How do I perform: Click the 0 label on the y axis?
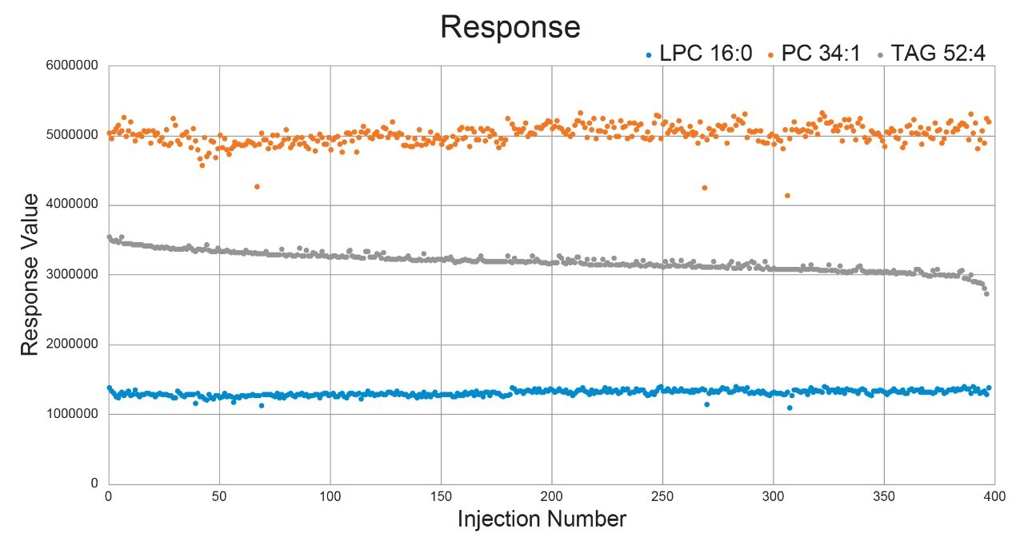click(x=94, y=483)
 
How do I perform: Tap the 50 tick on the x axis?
click(x=218, y=496)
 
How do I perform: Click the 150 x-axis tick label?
click(x=440, y=496)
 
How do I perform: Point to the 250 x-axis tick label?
click(x=662, y=496)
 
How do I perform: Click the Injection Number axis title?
click(x=542, y=519)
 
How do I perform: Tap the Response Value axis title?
click(x=30, y=274)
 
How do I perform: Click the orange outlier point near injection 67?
click(x=257, y=186)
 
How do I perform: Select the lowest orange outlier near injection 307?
click(x=788, y=195)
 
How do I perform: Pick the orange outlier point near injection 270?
click(x=705, y=188)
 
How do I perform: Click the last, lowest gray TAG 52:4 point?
click(x=986, y=293)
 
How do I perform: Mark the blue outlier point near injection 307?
click(x=790, y=408)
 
